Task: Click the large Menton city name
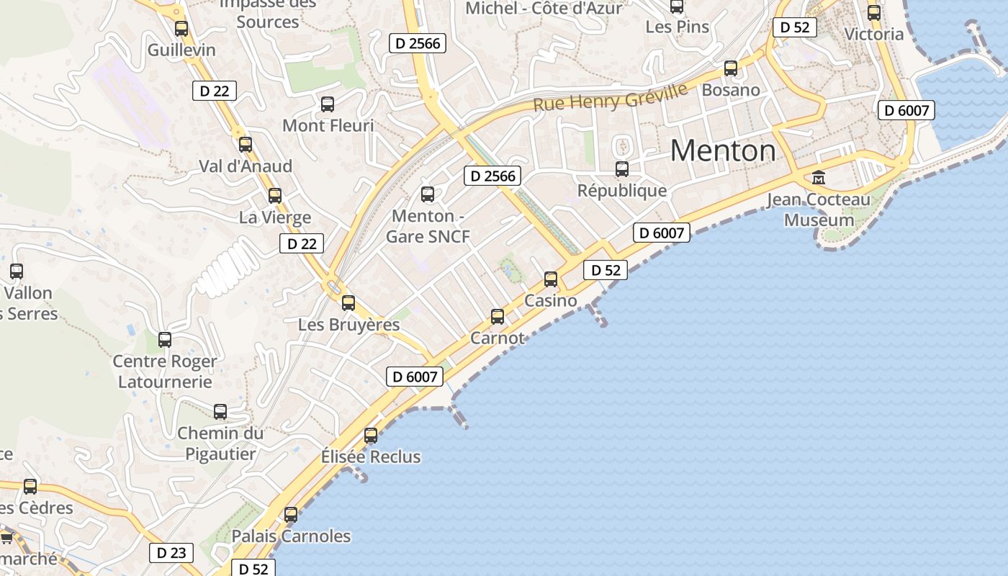point(723,150)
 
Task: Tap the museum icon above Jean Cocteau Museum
point(819,177)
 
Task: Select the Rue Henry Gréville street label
point(611,97)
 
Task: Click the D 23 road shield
point(171,553)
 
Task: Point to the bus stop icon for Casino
point(551,279)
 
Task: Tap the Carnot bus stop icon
point(498,316)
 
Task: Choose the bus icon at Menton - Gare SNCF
point(428,194)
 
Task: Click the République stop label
point(622,191)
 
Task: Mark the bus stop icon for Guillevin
point(181,29)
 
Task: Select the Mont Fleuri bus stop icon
point(328,104)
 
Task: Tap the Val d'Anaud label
point(246,166)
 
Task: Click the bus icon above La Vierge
point(274,195)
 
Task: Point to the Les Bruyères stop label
point(348,325)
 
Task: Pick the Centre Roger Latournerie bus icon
point(165,339)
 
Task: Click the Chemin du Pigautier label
point(220,444)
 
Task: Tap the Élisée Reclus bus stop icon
point(371,436)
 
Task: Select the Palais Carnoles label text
point(291,536)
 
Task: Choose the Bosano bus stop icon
point(731,68)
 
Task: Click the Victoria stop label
point(873,34)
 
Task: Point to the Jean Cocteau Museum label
point(819,210)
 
